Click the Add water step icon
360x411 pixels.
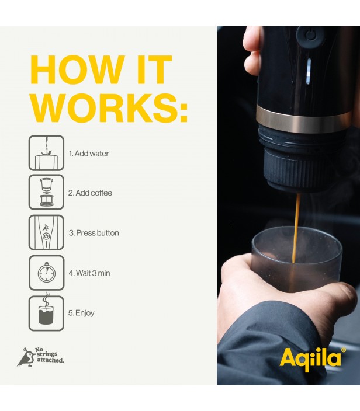tap(46, 153)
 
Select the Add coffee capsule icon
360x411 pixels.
tap(46, 193)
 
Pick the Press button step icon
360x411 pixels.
tap(46, 232)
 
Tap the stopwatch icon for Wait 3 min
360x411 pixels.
tap(46, 273)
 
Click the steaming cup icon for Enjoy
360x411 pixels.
tap(46, 313)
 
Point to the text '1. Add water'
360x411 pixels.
tap(89, 154)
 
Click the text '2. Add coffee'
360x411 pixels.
tap(90, 193)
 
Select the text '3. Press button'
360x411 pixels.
tap(94, 233)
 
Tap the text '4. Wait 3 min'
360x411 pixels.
tap(89, 273)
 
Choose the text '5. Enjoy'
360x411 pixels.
tap(81, 313)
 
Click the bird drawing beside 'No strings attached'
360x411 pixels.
tap(26, 357)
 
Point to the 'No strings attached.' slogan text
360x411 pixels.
tap(49, 355)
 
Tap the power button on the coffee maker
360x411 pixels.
tap(311, 36)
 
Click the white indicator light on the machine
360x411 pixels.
tap(309, 71)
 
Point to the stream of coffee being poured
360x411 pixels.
tap(296, 228)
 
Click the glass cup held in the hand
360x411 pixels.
tap(296, 259)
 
